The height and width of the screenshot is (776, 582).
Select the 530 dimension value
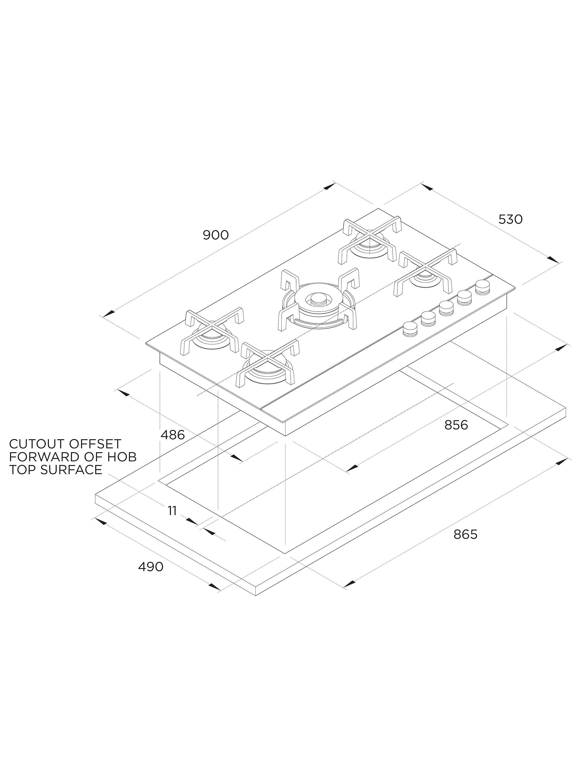tap(510, 219)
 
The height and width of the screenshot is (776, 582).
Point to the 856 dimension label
tap(456, 425)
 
